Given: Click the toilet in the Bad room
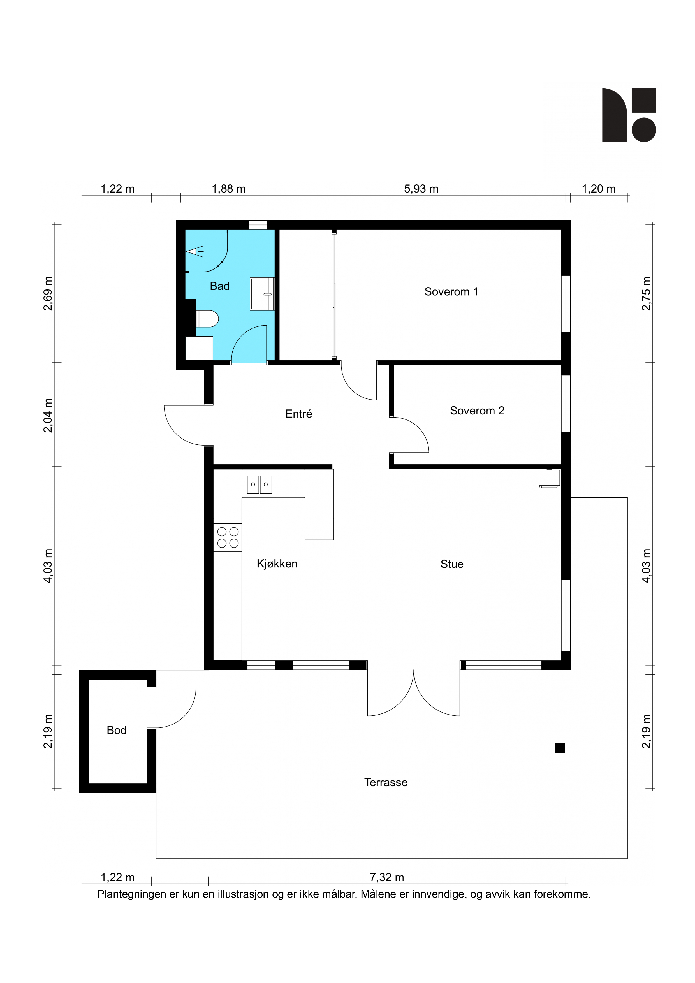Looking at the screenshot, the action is [207, 319].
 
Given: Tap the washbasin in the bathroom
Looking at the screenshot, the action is [262, 294].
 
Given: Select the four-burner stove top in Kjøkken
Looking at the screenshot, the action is [228, 537].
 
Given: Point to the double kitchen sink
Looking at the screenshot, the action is [260, 485].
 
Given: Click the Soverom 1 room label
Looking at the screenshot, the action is [451, 291].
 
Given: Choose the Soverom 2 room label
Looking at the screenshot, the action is [477, 411].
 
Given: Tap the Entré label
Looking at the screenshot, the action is [299, 414].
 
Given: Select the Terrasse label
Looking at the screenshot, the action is [386, 782].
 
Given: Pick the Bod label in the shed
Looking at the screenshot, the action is [117, 730].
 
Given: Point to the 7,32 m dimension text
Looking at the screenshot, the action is [387, 877].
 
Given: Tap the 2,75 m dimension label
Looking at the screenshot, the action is [646, 293].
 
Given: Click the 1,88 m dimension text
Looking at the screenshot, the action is [229, 189].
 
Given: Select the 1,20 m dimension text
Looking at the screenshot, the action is [599, 189].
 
